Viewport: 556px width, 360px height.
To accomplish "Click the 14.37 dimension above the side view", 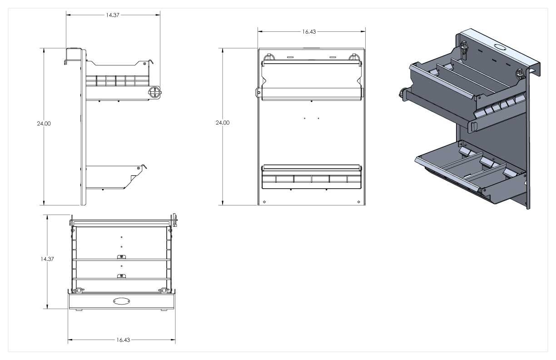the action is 113,15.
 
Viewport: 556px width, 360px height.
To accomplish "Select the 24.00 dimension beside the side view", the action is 44,124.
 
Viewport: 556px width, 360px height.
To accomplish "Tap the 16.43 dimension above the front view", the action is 309,31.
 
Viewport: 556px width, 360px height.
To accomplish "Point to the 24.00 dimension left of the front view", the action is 223,122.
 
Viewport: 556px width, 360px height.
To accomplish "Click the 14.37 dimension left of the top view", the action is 47,259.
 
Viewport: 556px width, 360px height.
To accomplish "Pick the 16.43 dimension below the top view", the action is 123,340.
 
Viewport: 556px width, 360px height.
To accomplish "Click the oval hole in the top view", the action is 121,301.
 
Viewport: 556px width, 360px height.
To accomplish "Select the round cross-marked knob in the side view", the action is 154,92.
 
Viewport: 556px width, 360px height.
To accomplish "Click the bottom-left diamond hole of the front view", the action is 264,202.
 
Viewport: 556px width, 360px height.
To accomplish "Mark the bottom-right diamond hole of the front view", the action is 359,202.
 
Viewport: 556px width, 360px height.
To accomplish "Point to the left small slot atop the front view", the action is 290,57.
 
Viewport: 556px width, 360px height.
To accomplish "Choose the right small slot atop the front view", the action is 333,57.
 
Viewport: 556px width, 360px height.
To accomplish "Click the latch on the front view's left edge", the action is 258,93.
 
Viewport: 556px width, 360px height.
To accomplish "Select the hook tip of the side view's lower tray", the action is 145,166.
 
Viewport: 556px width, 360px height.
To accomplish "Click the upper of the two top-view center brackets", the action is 121,257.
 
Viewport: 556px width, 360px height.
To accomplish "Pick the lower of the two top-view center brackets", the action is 121,276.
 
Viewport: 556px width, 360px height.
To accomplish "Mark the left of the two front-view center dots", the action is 304,118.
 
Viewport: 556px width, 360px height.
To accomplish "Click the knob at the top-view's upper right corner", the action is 175,220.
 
